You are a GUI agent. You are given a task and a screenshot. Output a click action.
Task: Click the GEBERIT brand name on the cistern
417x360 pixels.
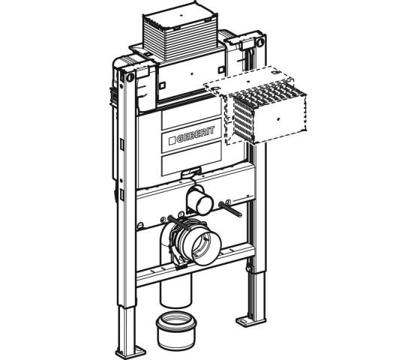tap(196, 134)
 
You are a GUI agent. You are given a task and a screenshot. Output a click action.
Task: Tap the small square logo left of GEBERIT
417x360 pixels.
tap(172, 141)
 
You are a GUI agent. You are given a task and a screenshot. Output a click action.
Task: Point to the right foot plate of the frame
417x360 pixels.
tap(249, 321)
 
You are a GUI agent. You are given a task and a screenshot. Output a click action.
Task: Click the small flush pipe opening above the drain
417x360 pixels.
tap(204, 205)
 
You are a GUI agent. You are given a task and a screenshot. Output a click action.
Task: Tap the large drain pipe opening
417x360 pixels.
tap(205, 247)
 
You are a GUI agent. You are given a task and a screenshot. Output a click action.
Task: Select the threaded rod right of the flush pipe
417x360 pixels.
tap(230, 210)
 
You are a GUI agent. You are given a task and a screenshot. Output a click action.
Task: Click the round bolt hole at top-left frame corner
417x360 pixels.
tap(130, 78)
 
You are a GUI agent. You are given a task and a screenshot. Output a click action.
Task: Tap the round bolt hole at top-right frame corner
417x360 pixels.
tap(260, 42)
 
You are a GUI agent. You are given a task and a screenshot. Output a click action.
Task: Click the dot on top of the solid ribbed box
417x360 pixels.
tap(181, 16)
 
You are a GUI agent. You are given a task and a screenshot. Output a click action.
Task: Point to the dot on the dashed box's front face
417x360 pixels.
tap(278, 118)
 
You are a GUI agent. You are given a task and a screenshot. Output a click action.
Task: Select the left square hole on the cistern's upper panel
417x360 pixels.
tap(162, 85)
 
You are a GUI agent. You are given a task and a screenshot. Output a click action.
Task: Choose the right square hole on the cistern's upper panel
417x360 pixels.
tap(221, 70)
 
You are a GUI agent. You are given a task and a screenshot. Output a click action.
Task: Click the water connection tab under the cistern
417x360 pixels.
tap(191, 171)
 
